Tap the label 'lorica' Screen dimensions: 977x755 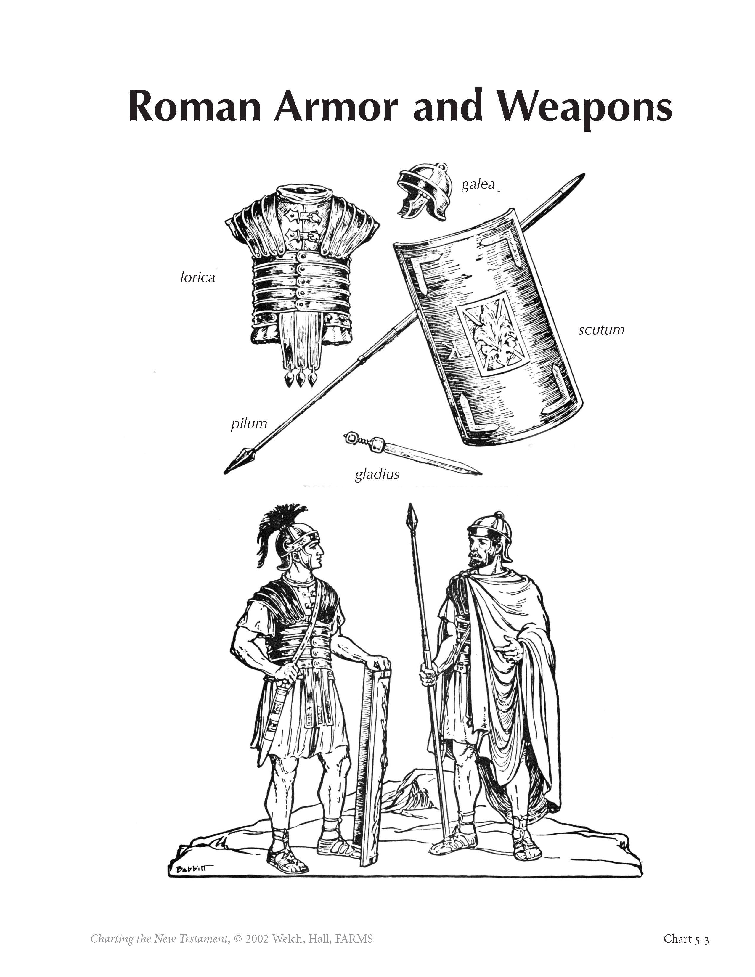click(197, 277)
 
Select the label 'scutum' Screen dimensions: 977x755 click(601, 330)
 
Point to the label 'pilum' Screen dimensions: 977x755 click(249, 423)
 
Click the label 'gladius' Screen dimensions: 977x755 click(377, 474)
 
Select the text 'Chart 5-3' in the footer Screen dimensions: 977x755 click(686, 939)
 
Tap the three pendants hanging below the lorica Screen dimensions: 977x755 click(301, 379)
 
